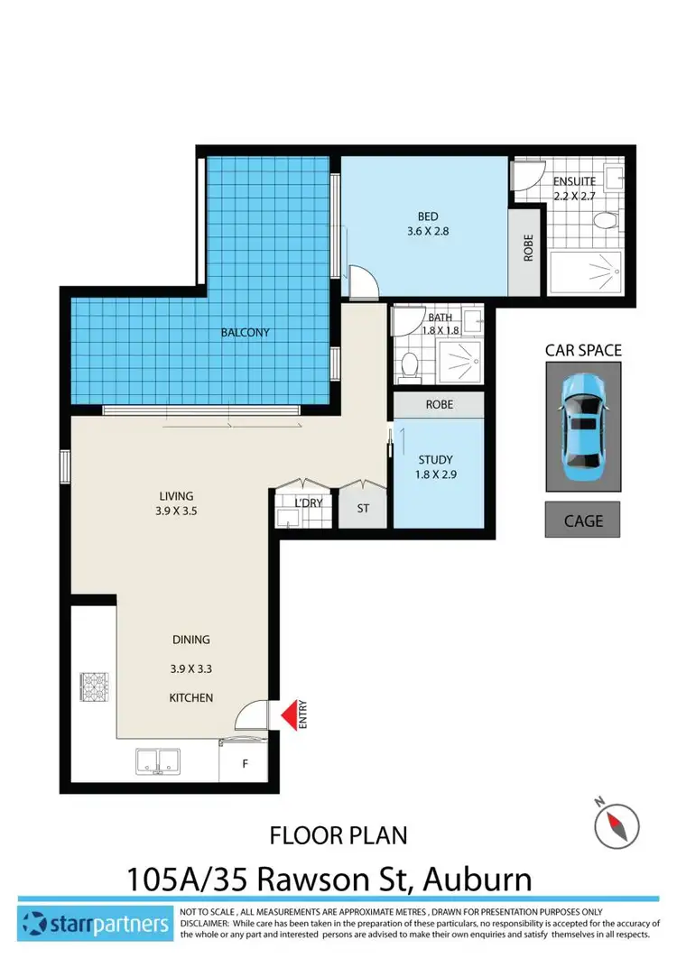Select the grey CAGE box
pyautogui.click(x=582, y=520)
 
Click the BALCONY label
pyautogui.click(x=246, y=333)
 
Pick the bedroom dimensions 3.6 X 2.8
pyautogui.click(x=427, y=231)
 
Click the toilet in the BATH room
pyautogui.click(x=409, y=365)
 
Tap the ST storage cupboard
pyautogui.click(x=363, y=509)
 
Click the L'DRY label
pyautogui.click(x=308, y=502)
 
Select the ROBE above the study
pyautogui.click(x=440, y=405)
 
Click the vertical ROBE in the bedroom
pyautogui.click(x=528, y=249)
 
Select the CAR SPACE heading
pyautogui.click(x=583, y=350)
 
